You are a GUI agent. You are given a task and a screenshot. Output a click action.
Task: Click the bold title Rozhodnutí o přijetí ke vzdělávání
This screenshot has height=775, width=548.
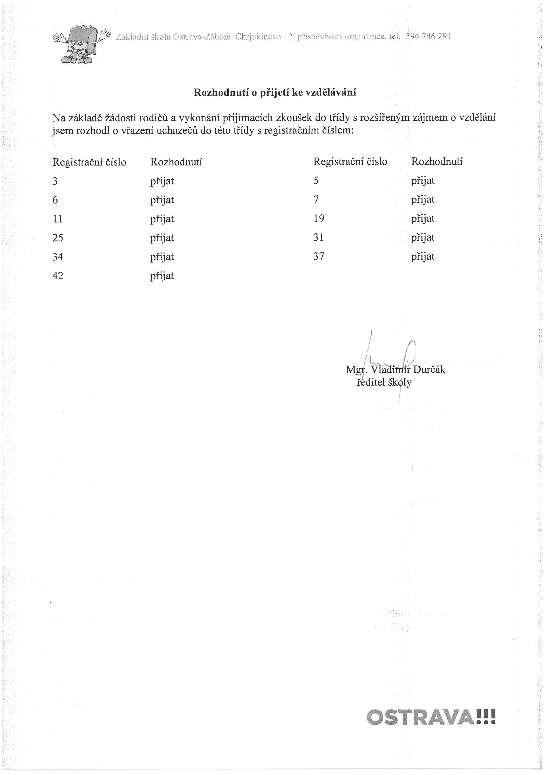[x=275, y=93]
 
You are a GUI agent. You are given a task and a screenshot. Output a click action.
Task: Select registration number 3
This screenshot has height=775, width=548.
[x=55, y=181]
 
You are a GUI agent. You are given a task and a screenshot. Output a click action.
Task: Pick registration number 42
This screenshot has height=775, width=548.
[x=58, y=276]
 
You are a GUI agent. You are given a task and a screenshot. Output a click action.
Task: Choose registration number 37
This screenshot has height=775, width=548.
[x=319, y=257]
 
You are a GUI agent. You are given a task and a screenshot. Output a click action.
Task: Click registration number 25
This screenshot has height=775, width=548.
[x=58, y=238]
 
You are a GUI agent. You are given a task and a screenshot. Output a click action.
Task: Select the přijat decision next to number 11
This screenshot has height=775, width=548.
[x=162, y=219]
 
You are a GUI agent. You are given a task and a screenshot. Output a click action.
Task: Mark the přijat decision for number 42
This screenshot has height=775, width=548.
[x=162, y=276]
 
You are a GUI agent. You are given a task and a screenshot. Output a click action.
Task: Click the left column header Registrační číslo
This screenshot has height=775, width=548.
[x=89, y=162]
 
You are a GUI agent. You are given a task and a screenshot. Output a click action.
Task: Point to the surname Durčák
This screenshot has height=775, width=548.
[x=429, y=370]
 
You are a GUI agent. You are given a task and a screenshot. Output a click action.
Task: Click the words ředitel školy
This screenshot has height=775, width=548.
[x=384, y=383]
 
